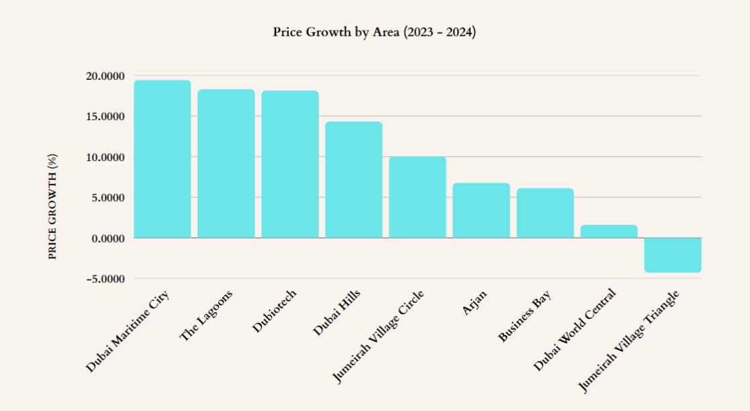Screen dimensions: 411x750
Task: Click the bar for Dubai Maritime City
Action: click(x=162, y=159)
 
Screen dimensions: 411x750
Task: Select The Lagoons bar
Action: click(x=226, y=163)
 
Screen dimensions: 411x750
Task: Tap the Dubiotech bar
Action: click(x=290, y=164)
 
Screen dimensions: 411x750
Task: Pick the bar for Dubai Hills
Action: click(x=354, y=179)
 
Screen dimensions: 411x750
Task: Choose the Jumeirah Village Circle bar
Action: click(x=418, y=197)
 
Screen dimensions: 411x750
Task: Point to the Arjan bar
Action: click(x=481, y=210)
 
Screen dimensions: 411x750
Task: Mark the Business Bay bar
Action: click(x=545, y=213)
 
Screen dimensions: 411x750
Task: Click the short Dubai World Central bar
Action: click(x=609, y=231)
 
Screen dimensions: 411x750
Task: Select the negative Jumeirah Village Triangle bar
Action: click(x=673, y=255)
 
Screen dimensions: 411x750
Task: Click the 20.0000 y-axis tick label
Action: click(x=105, y=77)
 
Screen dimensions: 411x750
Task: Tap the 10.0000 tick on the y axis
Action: click(x=105, y=157)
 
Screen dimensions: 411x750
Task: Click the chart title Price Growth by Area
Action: click(x=374, y=32)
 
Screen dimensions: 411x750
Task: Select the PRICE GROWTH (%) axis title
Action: click(x=53, y=206)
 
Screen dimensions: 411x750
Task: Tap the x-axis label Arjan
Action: click(x=475, y=303)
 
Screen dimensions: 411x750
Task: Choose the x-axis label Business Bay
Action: click(x=525, y=316)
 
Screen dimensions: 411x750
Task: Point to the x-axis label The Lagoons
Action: click(x=207, y=315)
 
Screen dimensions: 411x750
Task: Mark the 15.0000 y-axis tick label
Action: click(x=105, y=117)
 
